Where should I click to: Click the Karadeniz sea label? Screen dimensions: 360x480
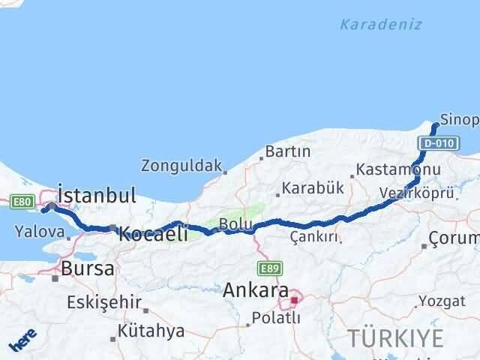(381, 25)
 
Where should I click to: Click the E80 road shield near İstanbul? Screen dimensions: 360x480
(22, 200)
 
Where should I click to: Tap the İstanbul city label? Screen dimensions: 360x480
(97, 196)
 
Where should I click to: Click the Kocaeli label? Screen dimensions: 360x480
(153, 234)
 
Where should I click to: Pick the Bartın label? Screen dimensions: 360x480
(288, 151)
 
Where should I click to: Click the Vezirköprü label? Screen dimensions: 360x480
(416, 193)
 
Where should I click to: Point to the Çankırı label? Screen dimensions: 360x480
(313, 237)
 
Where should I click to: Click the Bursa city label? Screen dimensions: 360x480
(88, 268)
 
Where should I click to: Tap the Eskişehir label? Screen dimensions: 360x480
(104, 302)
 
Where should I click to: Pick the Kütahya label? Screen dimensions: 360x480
(151, 331)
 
